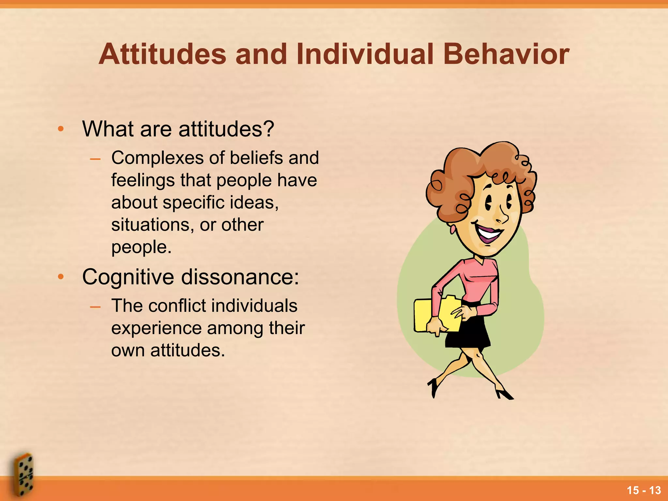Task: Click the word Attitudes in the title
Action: coord(162,54)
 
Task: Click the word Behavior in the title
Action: coord(506,54)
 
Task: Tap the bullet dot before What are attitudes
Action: coord(61,129)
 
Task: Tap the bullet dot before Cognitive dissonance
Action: coord(61,277)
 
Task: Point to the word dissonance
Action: coord(240,277)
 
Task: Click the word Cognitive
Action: coord(128,277)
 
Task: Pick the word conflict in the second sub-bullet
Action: coord(177,306)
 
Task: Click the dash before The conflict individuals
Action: coord(95,307)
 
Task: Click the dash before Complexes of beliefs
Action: coord(95,159)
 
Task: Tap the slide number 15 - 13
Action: coord(644,490)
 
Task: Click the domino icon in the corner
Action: coord(23,475)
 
